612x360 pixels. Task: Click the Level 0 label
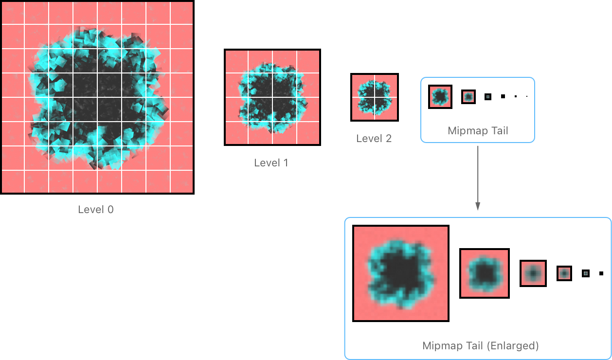[95, 210]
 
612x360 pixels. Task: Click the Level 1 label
[271, 163]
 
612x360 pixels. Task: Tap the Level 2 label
[374, 139]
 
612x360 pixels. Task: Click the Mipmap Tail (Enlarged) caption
[480, 346]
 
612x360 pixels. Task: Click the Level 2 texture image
[375, 97]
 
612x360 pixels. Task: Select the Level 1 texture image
[272, 97]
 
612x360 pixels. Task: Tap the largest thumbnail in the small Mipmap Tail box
[440, 97]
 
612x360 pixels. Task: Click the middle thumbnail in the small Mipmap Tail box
[468, 97]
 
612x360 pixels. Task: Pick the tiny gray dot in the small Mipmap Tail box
[488, 97]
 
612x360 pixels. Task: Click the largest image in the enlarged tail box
[401, 273]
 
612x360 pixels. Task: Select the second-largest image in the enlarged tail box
[485, 273]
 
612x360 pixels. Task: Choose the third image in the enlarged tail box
[533, 273]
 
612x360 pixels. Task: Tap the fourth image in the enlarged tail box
[564, 273]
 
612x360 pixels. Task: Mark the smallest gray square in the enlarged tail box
[586, 273]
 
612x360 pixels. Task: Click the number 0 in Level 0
[110, 210]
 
